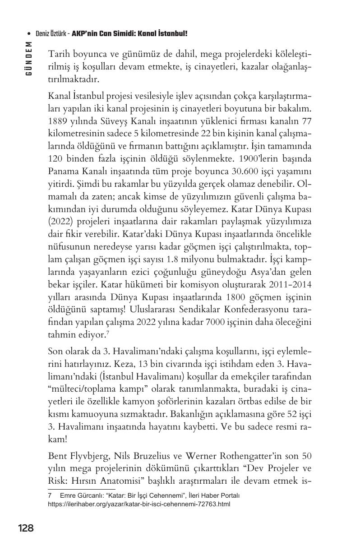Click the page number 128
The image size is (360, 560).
[26, 528]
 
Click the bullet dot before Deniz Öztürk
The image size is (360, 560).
[29, 34]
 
